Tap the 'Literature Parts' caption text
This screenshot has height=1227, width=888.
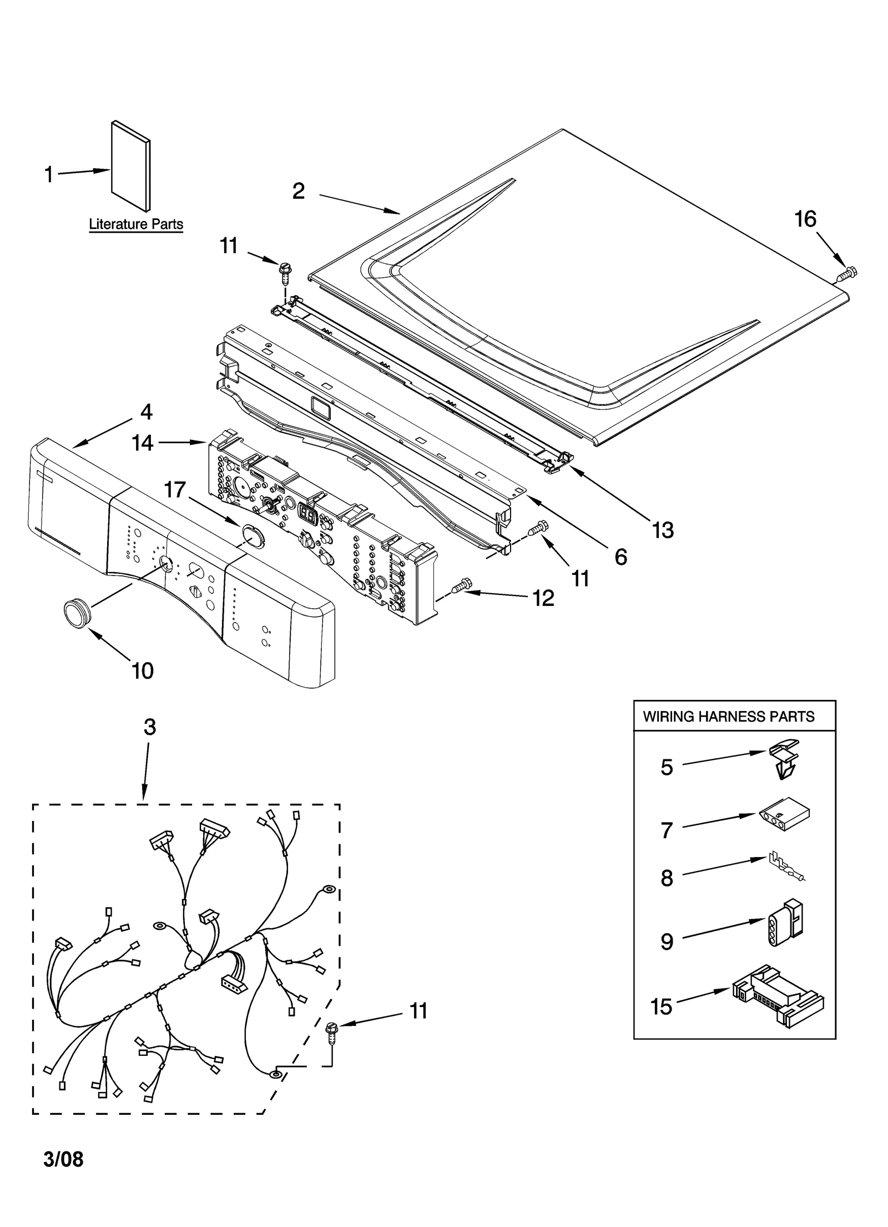[x=136, y=224]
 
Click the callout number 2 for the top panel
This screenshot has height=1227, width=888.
[x=299, y=191]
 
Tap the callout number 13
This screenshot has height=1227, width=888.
[x=662, y=530]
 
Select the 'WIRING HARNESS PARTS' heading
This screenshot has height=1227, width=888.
[x=728, y=717]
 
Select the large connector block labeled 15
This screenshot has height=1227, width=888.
[x=777, y=995]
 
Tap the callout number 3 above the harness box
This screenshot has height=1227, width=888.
[x=150, y=727]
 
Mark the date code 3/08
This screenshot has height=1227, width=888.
[x=63, y=1159]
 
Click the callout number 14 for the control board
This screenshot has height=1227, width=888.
[x=143, y=443]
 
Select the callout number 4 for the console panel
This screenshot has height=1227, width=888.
[x=146, y=412]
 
